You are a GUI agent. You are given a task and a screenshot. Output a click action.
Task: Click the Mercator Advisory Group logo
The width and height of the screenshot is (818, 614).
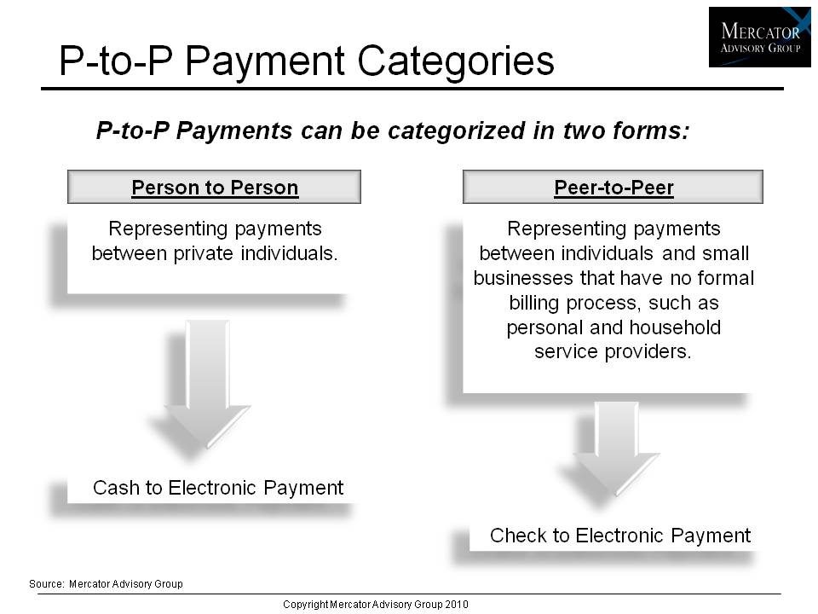(x=759, y=37)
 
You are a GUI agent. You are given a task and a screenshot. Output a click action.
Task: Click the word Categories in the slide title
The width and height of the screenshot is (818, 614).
(x=455, y=61)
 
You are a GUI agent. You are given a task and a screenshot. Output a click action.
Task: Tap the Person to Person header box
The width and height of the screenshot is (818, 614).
(x=214, y=187)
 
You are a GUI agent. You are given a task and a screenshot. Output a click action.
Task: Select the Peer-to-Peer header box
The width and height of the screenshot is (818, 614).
(x=613, y=187)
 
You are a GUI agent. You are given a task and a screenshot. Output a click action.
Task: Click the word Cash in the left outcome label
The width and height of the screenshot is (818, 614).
(x=117, y=488)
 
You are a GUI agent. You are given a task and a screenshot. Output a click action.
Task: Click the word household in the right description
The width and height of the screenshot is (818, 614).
(x=675, y=327)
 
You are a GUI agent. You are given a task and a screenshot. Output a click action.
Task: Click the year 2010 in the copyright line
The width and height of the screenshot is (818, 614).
(x=457, y=604)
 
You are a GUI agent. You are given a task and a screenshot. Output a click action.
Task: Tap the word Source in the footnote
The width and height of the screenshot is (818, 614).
(x=46, y=583)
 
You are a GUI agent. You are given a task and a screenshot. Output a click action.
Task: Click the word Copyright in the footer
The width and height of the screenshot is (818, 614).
(x=306, y=605)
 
